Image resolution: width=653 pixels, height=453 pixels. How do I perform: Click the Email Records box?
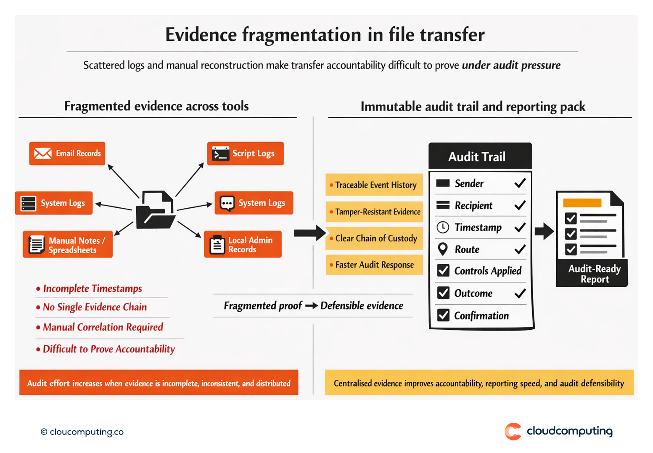[67, 154]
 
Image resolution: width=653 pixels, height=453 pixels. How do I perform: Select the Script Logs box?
[245, 154]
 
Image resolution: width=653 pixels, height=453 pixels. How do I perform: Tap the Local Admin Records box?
[243, 244]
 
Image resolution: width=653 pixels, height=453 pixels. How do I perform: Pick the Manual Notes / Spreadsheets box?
[68, 245]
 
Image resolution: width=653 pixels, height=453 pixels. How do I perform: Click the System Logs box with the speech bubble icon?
[254, 203]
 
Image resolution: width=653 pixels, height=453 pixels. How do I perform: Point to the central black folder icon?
[155, 210]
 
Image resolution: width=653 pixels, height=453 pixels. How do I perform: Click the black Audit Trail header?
[480, 156]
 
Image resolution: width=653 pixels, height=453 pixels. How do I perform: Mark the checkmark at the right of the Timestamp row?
[520, 228]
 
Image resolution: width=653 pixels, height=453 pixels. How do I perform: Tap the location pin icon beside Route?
[443, 249]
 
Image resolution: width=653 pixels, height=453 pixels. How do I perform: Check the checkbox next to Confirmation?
[443, 315]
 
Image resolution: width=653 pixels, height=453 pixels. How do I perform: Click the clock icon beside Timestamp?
[443, 227]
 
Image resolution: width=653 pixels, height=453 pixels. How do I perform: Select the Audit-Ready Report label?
[594, 274]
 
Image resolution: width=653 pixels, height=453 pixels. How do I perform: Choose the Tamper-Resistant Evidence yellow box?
[374, 212]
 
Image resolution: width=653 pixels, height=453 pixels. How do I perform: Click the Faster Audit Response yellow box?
[374, 265]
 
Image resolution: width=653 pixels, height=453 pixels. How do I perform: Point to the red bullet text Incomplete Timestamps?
[92, 289]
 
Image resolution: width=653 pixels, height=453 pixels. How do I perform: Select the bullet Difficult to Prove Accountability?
[108, 349]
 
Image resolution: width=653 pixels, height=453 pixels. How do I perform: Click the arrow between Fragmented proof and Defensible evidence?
[311, 306]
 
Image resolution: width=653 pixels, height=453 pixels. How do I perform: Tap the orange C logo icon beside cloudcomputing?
[513, 432]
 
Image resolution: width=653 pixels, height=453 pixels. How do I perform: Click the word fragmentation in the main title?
[301, 34]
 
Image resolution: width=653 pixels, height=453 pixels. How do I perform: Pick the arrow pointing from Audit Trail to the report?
[545, 231]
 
